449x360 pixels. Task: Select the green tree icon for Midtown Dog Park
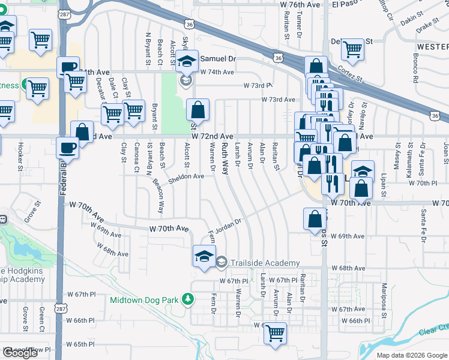[x=188, y=298]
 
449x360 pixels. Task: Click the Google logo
[x=20, y=353]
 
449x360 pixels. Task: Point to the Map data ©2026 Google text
[x=412, y=355]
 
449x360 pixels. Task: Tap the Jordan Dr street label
[x=229, y=223]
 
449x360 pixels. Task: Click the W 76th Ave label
[x=300, y=4]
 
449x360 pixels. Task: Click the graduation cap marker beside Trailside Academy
[x=204, y=256]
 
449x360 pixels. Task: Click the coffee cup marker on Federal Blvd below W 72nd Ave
[x=67, y=147]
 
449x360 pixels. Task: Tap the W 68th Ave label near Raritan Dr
[x=352, y=268]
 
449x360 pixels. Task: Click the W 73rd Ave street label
[x=278, y=99]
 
